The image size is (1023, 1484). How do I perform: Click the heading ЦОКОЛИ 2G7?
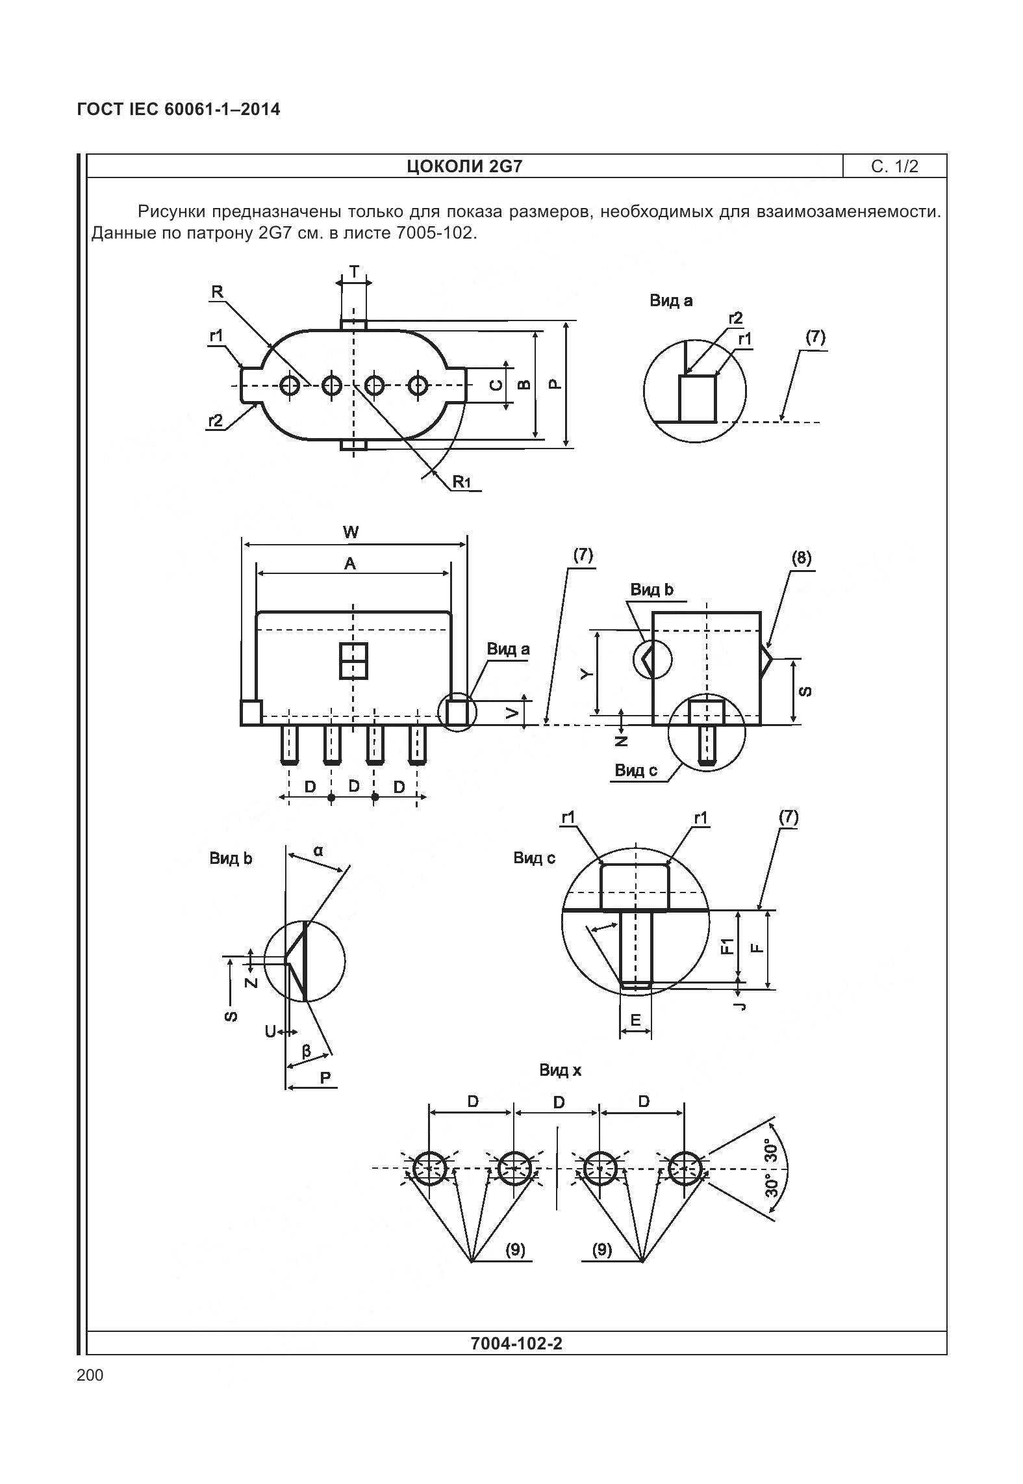tap(464, 166)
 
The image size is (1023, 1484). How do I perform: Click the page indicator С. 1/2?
tap(894, 166)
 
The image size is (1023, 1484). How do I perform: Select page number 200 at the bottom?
tap(90, 1375)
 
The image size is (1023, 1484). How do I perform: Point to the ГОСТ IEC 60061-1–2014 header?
tap(179, 109)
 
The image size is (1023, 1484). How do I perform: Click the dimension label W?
tap(351, 533)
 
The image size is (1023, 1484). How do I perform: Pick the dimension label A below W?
tap(350, 564)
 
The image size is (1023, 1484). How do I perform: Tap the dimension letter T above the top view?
tap(354, 272)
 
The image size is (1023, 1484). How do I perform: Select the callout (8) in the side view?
tap(802, 558)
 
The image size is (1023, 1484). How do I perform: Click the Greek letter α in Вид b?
tap(318, 850)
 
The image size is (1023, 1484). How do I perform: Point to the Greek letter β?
tap(307, 1050)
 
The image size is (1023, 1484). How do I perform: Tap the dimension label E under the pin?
tap(635, 1021)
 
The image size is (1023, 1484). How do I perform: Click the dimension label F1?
tap(727, 946)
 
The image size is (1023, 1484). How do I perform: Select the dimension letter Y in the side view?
tap(587, 674)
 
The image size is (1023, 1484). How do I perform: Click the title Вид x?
tap(560, 1070)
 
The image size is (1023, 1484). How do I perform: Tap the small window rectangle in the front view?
tap(353, 660)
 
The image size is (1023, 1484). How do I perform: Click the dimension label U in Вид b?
tap(270, 1032)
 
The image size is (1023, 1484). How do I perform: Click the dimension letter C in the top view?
tap(496, 385)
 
